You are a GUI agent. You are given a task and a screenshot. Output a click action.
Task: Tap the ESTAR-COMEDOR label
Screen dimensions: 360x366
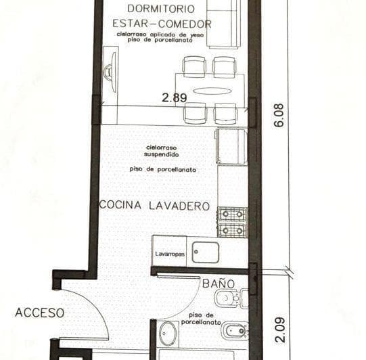tap(160, 24)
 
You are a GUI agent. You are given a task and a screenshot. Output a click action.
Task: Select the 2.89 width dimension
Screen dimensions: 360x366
tap(174, 97)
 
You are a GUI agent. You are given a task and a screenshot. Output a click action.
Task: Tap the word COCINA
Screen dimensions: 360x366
tap(122, 206)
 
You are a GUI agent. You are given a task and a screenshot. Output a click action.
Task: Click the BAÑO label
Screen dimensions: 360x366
tap(218, 284)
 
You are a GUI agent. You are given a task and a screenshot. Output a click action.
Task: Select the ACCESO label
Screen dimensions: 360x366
tap(40, 313)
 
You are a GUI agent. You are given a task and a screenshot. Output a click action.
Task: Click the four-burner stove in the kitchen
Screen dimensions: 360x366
tap(232, 222)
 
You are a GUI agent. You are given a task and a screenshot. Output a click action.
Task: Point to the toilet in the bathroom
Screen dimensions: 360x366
tap(229, 298)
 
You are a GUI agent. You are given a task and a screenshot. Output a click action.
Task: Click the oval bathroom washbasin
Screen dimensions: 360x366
tap(168, 334)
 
